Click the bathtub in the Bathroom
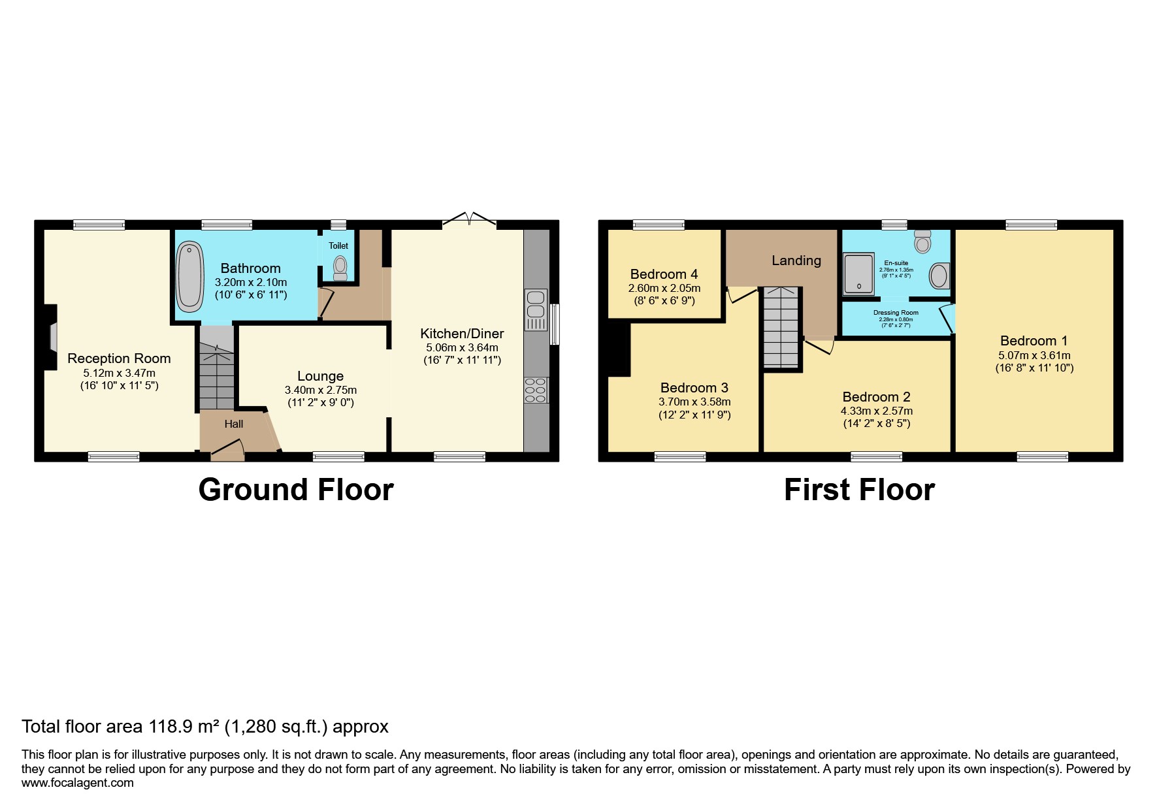tap(189, 277)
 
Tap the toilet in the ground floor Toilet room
tap(339, 267)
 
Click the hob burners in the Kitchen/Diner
tap(536, 390)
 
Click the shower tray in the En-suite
tap(858, 274)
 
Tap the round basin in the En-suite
tap(939, 276)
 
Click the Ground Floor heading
tap(295, 490)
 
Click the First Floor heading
tap(858, 490)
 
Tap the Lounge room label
tap(320, 376)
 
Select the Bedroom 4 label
tap(664, 274)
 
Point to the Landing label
tap(796, 261)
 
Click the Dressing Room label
tap(896, 313)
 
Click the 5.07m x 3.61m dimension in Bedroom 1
tap(1034, 356)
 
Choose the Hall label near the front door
tap(233, 424)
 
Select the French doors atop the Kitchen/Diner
tap(469, 221)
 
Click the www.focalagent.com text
tap(77, 783)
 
